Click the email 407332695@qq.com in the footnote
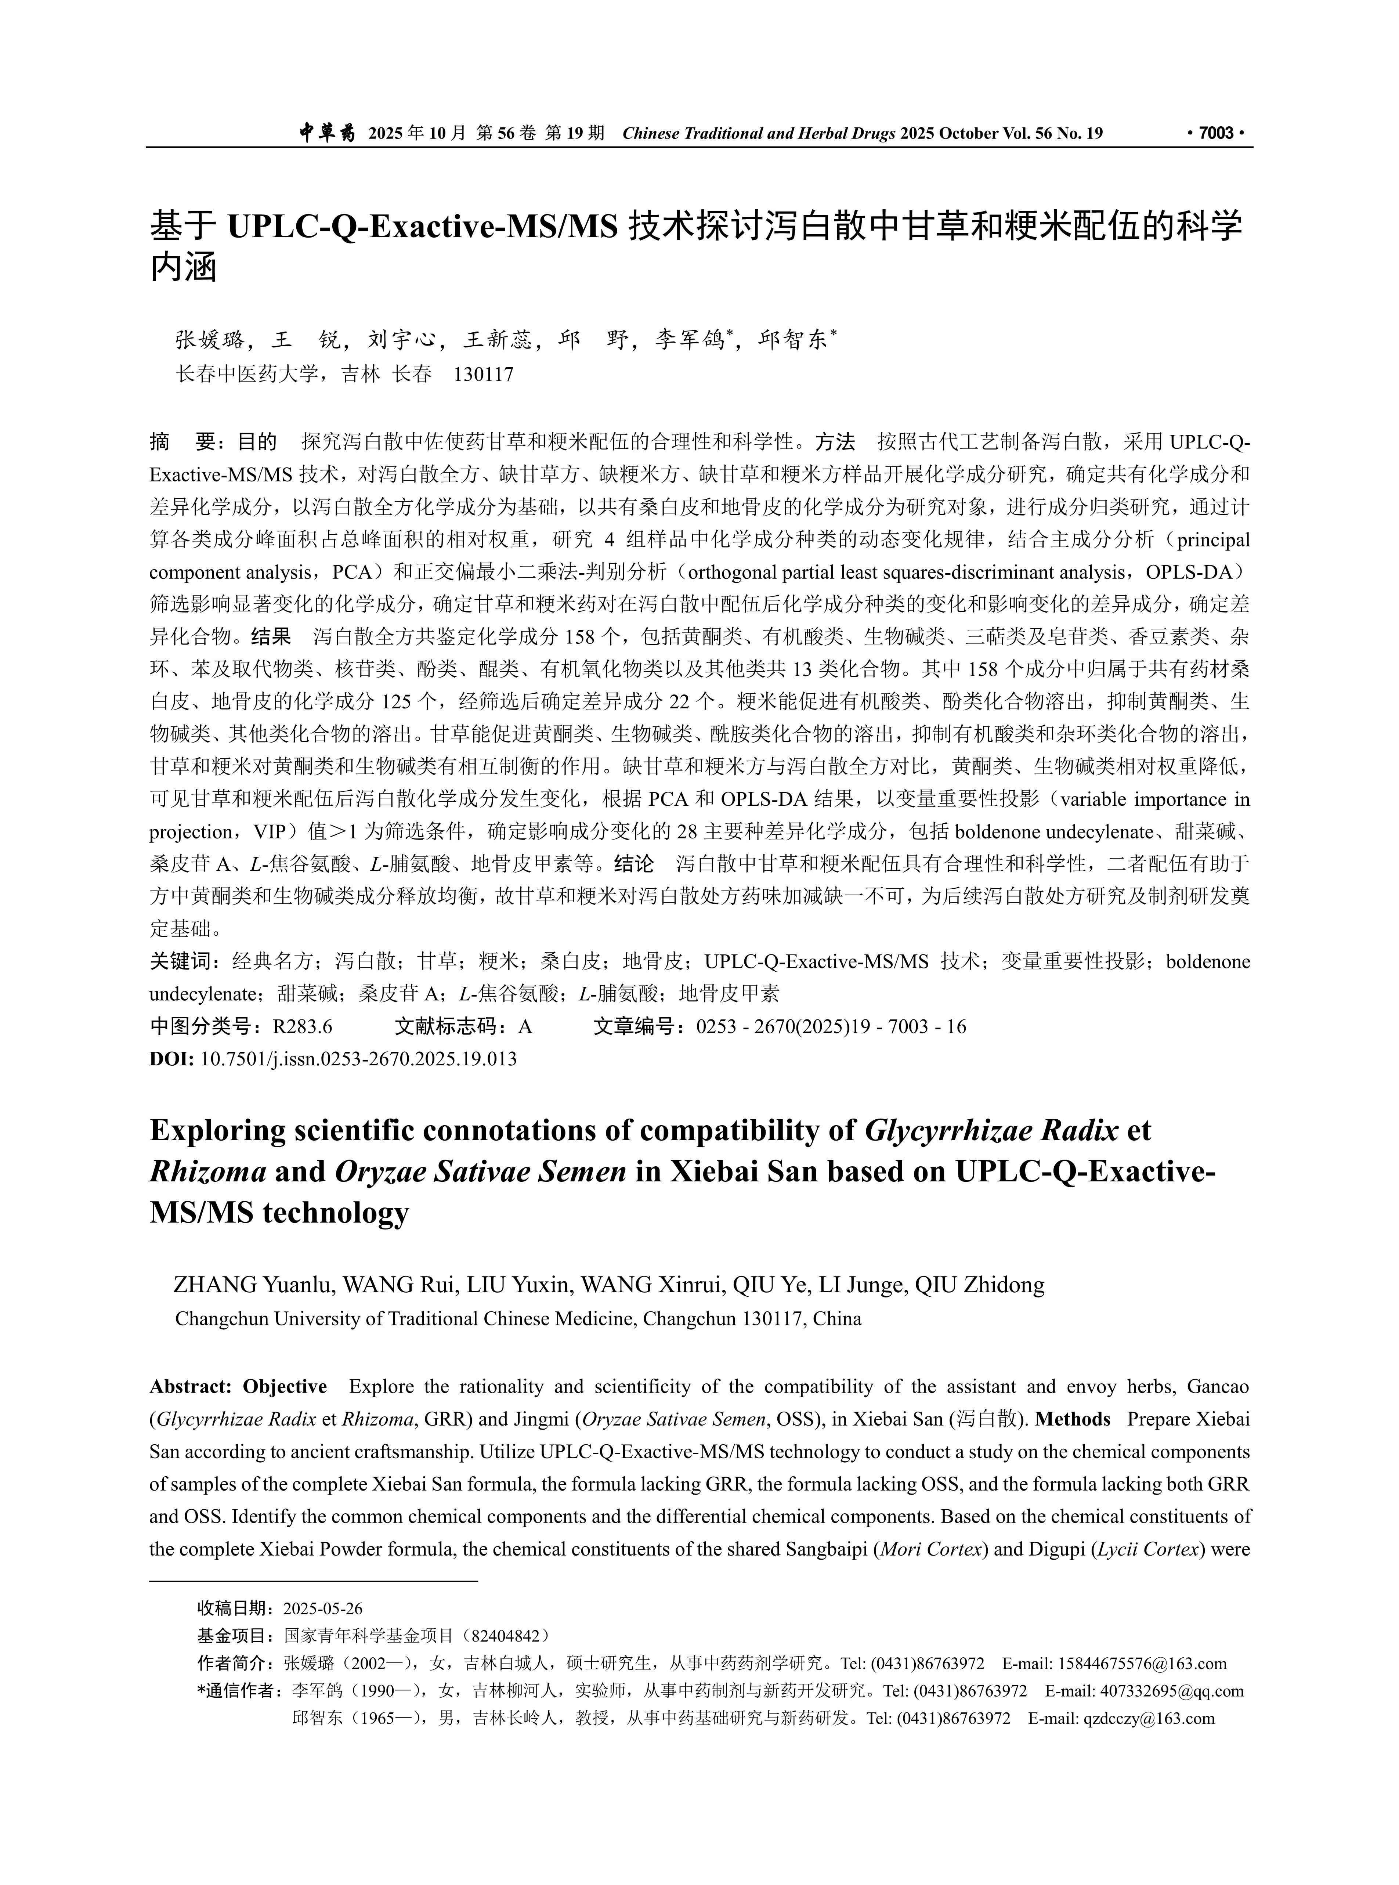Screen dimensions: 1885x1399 (x=1172, y=1691)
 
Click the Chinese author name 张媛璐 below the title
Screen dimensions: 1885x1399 (x=210, y=340)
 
